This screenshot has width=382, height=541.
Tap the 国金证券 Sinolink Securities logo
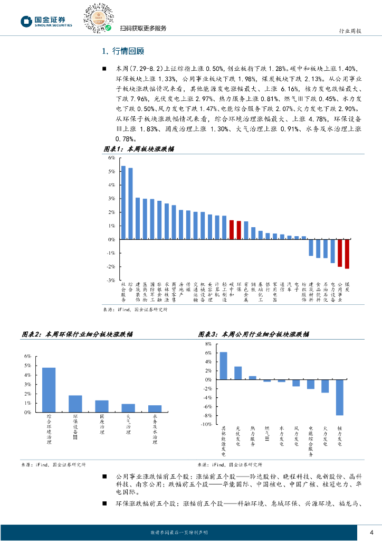click(46, 21)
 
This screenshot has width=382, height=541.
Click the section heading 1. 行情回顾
click(122, 51)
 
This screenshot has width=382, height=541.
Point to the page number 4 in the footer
click(371, 532)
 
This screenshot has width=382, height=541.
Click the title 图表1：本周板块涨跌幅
click(138, 150)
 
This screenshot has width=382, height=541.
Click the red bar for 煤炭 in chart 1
click(347, 254)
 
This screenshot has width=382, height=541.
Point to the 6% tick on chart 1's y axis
click(111, 158)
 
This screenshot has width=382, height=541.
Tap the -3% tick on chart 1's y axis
click(111, 281)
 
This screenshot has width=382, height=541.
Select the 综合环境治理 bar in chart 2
click(49, 390)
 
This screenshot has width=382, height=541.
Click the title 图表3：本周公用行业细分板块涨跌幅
click(254, 334)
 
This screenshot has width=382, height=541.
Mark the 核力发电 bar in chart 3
click(340, 397)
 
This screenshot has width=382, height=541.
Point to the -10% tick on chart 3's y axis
click(207, 424)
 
